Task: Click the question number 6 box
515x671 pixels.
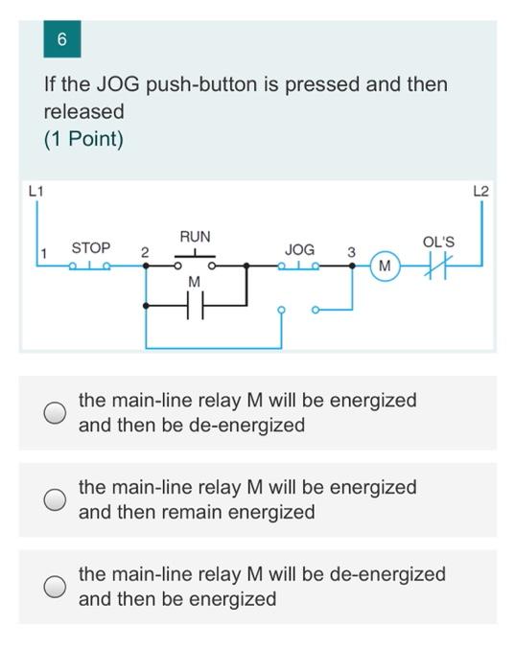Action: pos(62,39)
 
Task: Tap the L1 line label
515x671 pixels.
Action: pos(35,191)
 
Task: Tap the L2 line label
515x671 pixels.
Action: pos(480,191)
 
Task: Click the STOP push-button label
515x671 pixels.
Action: pos(91,247)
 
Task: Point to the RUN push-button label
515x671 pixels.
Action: pos(196,237)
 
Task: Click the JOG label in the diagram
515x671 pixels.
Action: pos(299,249)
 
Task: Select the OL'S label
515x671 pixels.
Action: pos(438,243)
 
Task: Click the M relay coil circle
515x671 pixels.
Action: pos(385,266)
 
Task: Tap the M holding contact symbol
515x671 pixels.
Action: pos(196,305)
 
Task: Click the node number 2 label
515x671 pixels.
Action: pos(145,252)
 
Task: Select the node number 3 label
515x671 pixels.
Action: pos(351,252)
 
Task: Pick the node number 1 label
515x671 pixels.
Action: pos(43,253)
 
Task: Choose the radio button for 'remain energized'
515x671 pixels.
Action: pos(55,499)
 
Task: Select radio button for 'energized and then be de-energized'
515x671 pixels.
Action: pos(55,412)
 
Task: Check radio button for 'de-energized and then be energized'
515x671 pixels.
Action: pos(55,587)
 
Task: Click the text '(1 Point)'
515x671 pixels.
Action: pos(83,140)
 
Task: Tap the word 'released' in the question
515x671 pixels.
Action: pos(83,111)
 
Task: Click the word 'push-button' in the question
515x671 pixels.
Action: pos(202,84)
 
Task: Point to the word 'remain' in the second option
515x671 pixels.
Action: pos(191,512)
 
